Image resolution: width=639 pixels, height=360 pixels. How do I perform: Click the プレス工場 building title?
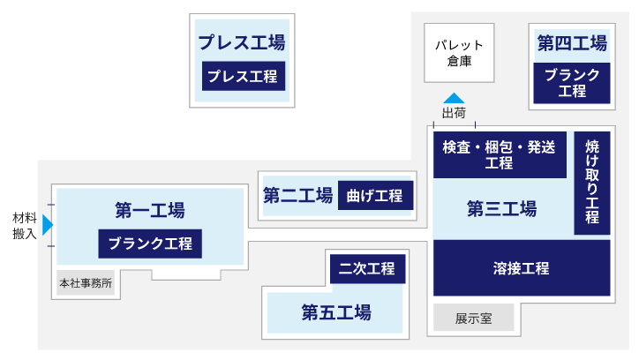[x=242, y=42]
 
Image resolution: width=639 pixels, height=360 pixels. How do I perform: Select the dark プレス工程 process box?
[x=243, y=76]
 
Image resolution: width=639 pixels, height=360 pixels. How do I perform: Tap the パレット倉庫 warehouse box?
[x=459, y=52]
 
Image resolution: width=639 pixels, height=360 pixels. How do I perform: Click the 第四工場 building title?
[x=572, y=43]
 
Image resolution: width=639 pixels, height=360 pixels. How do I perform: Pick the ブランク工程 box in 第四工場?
[x=572, y=82]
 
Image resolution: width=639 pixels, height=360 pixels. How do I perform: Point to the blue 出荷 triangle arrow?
[x=454, y=98]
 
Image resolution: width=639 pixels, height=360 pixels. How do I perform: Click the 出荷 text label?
[x=454, y=113]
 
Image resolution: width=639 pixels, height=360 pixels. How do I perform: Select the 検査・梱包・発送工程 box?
[x=500, y=154]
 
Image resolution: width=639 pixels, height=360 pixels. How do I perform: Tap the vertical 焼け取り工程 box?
[x=591, y=182]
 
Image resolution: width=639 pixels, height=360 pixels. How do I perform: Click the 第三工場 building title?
[x=501, y=209]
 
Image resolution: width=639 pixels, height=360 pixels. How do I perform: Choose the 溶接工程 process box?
[x=521, y=268]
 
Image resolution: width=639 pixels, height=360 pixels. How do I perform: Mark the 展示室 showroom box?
[x=473, y=319]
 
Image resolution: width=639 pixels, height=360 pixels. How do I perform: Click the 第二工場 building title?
[x=297, y=196]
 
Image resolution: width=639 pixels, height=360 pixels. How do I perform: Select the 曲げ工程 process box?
[x=375, y=196]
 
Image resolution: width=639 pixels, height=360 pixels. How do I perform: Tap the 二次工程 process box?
[x=367, y=269]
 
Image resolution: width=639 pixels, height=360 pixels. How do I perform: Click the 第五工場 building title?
[x=335, y=312]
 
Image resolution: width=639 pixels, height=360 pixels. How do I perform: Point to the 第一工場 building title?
[x=150, y=211]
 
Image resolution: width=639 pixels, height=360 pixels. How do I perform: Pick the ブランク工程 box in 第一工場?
[x=150, y=244]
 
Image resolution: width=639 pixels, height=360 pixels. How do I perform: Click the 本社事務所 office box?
[x=86, y=284]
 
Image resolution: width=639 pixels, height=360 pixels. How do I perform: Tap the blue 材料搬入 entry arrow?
[x=48, y=225]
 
